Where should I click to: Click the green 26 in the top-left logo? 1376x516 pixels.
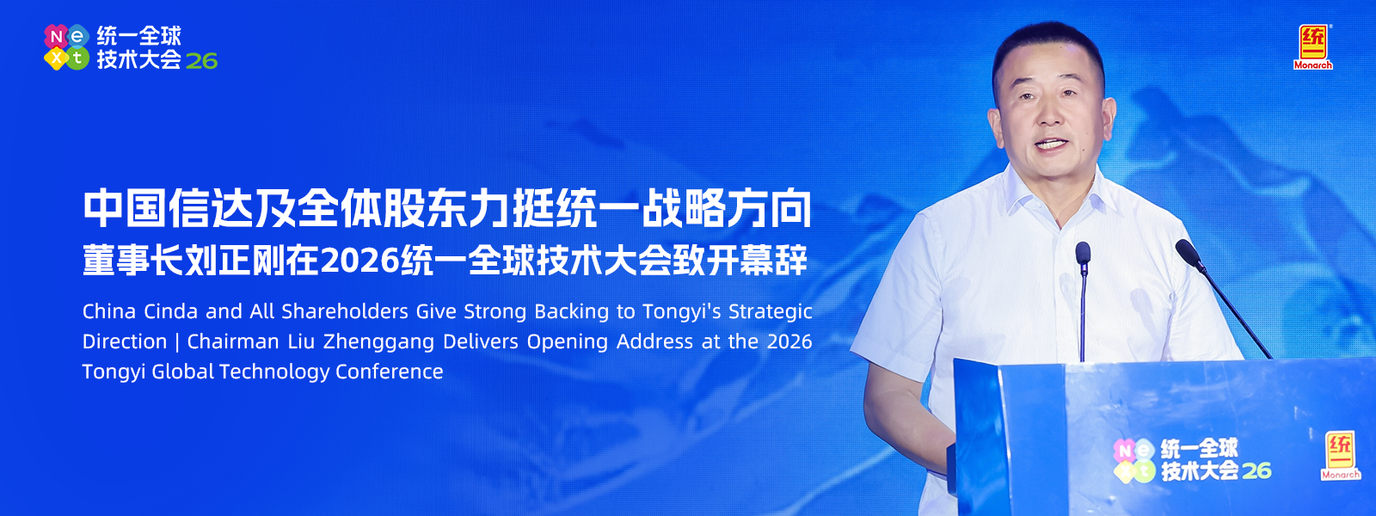point(201,61)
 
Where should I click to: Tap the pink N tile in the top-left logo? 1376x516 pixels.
point(56,36)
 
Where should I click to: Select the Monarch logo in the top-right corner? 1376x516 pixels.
point(1312,47)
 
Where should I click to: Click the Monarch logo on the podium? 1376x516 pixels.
point(1341,455)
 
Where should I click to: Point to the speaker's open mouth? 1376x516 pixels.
point(1051,145)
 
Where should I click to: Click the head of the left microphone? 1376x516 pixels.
point(1083,253)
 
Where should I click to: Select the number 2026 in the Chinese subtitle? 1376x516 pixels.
point(360,261)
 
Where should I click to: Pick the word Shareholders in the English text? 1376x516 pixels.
point(345,311)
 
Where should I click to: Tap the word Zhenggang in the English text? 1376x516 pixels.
point(379,341)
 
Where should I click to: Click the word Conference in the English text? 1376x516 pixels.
point(390,372)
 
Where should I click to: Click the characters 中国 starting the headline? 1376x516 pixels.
point(126,210)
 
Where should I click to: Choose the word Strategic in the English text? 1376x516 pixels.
point(771,312)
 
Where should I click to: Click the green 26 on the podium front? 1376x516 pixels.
point(1256,470)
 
